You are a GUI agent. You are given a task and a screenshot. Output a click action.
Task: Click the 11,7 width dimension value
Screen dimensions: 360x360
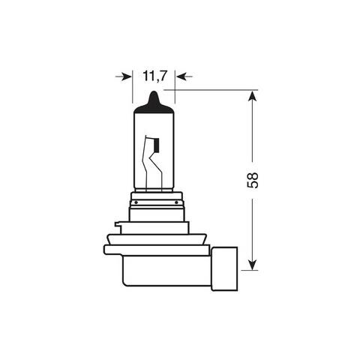[153, 76]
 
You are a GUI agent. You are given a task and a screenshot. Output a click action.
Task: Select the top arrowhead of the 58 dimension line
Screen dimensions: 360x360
[253, 97]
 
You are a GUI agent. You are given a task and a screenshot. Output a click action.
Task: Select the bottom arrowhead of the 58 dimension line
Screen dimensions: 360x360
[253, 264]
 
